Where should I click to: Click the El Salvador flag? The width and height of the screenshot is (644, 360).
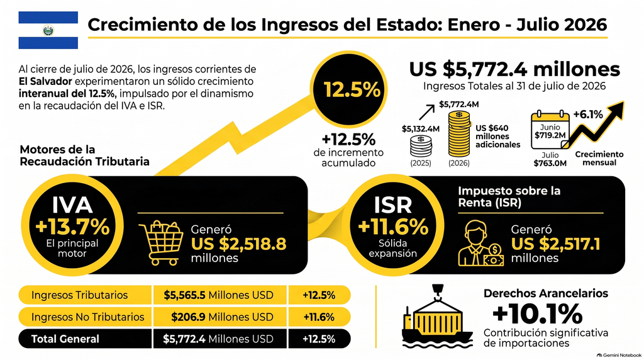pos(48,30)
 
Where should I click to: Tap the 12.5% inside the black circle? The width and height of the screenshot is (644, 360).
pos(352,89)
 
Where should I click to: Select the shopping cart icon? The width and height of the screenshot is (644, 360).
pos(161,242)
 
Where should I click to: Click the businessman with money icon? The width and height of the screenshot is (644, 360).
pos(480,244)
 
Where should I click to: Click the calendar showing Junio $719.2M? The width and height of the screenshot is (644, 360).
pos(550,130)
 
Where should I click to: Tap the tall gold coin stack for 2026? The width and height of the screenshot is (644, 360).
pos(458,133)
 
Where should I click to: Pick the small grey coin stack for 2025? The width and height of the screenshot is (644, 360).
pos(421,146)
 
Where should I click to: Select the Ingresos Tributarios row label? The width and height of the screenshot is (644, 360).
pos(79,295)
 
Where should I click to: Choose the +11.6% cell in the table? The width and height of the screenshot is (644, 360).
pos(319,317)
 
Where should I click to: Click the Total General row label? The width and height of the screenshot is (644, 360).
pos(65,339)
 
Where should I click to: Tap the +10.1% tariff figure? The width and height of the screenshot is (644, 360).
pos(537,314)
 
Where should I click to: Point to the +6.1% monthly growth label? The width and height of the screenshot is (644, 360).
pos(588,114)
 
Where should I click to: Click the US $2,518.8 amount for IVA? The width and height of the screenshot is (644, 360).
pos(238,244)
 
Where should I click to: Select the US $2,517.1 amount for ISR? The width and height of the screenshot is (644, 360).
pos(555,244)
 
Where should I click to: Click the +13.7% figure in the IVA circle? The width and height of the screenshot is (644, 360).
pos(72,227)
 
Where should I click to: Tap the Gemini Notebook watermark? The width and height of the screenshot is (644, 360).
pos(619,355)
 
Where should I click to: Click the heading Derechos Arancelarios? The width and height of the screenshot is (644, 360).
pos(546,293)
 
